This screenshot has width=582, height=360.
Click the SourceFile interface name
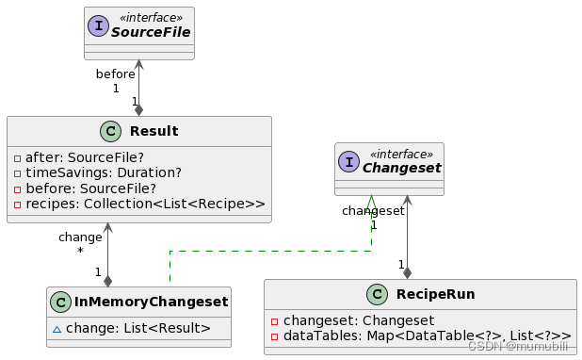[x=150, y=33]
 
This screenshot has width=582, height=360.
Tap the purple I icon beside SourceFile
[x=98, y=26]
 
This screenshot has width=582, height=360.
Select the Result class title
[x=154, y=130]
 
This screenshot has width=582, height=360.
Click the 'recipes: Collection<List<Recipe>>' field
[x=139, y=204]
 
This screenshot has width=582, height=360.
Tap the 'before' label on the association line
[x=115, y=74]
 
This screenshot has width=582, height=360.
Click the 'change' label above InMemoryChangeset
[x=80, y=237]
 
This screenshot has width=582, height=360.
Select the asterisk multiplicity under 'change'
[x=80, y=252]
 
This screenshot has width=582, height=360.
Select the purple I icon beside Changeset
[x=350, y=162]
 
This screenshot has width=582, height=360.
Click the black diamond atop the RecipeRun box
[x=407, y=272]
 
